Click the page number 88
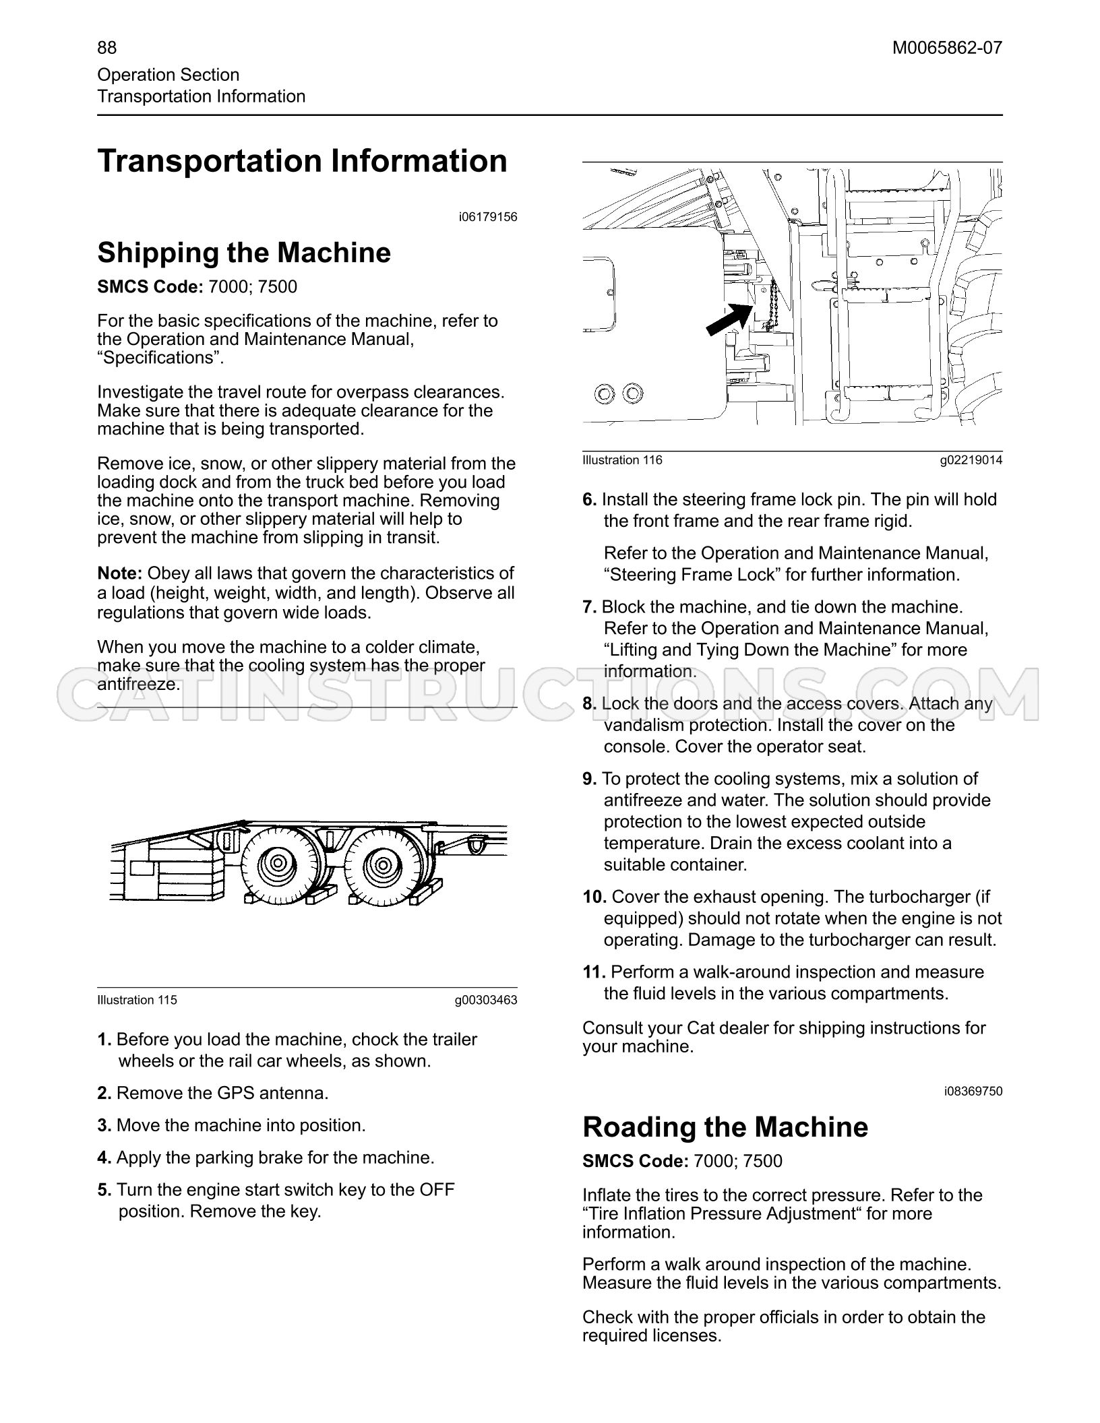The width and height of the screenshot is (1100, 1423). pos(106,48)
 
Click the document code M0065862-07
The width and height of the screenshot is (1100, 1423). pos(947,48)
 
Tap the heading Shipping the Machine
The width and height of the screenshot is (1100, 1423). pos(244,253)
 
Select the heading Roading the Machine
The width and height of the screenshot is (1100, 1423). pos(725,1127)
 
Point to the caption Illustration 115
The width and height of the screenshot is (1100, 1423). pos(137,1000)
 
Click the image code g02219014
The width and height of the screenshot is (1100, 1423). pos(971,460)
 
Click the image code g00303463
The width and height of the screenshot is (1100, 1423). pos(486,1000)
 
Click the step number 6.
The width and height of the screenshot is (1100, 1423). pos(590,500)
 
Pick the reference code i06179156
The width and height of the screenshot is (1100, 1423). pos(488,217)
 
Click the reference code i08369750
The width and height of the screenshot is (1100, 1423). pos(973,1091)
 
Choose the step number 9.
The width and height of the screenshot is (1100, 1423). pos(590,779)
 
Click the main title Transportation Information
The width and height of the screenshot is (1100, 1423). pos(303,161)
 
